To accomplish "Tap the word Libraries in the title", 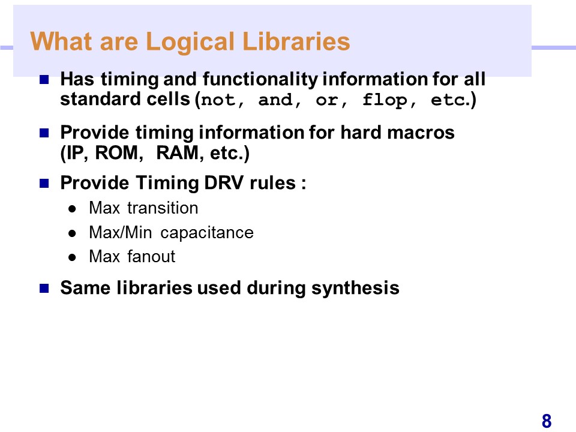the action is [296, 41].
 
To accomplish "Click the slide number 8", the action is [547, 421].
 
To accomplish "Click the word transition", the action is [163, 208].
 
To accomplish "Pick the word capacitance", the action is [207, 233].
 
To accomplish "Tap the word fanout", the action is [151, 256].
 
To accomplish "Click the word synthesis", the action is [355, 288].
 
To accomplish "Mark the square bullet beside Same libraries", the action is [44, 288].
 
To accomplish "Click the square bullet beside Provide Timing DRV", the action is [44, 183].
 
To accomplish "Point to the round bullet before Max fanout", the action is [72, 257].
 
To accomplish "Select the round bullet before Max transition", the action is [72, 209].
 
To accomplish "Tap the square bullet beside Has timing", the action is [44, 79].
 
